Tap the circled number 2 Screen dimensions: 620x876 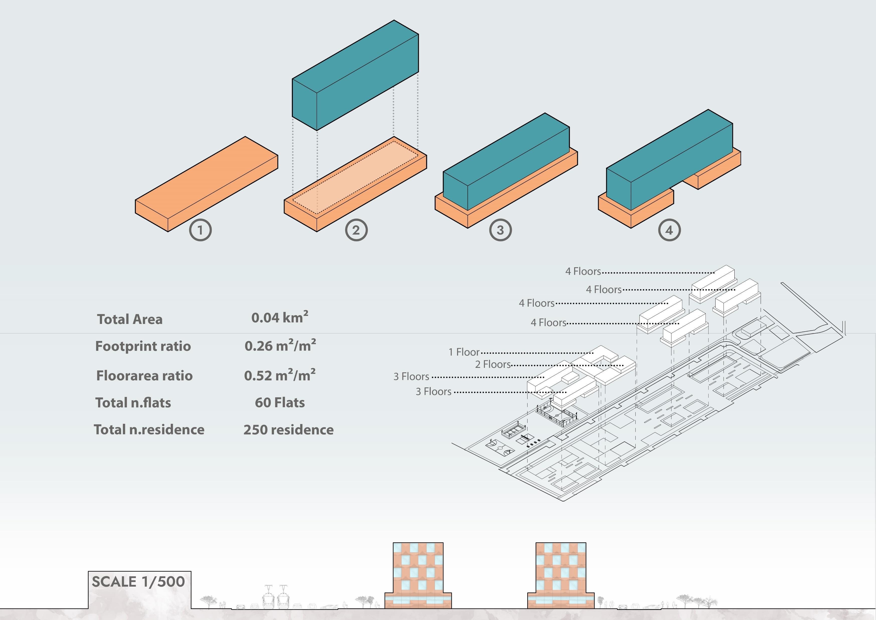point(356,230)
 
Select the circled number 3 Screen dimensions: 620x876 point(500,230)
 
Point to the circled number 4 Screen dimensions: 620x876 point(669,230)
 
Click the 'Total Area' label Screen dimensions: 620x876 point(130,319)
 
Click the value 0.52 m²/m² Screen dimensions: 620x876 point(280,375)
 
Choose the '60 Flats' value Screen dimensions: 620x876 point(280,402)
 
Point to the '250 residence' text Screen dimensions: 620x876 point(288,430)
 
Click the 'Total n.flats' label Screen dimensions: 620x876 point(133,402)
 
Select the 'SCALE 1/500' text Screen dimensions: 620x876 point(138,581)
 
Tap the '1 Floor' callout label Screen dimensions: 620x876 point(464,352)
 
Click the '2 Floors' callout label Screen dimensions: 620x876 point(493,364)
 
